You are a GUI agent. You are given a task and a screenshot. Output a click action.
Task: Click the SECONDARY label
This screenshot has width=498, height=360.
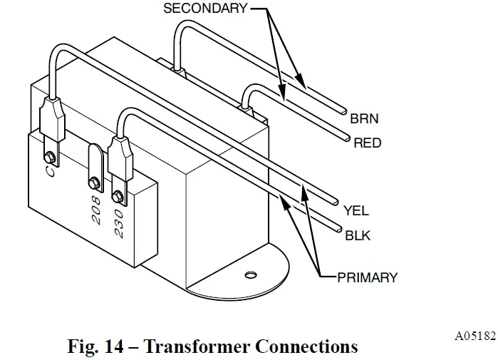click(205, 9)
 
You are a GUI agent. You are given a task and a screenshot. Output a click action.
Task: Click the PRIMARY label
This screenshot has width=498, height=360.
click(367, 277)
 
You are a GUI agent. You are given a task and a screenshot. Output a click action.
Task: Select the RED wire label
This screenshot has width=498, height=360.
click(368, 143)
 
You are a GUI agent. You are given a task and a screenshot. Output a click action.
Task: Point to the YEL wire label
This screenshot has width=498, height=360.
click(356, 211)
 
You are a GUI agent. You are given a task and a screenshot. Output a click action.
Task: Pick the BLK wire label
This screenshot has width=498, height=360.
click(357, 235)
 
